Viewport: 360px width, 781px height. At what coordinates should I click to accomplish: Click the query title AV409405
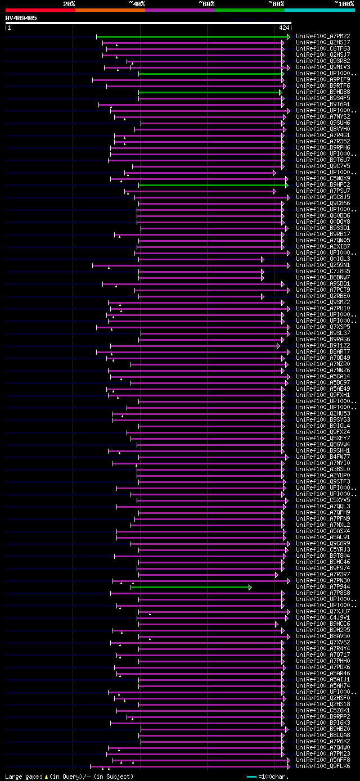click(x=21, y=18)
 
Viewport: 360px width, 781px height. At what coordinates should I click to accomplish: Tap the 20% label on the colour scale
click(x=69, y=4)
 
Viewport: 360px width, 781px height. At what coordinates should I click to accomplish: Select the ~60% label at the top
click(x=206, y=4)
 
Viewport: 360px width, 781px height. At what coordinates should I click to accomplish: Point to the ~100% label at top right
click(x=344, y=4)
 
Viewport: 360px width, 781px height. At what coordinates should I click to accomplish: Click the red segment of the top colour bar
click(x=40, y=10)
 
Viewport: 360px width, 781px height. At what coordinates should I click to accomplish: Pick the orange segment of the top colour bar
click(x=110, y=10)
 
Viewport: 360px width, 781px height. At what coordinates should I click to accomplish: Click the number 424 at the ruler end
click(x=283, y=27)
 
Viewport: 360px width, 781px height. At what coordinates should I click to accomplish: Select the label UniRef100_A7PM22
click(x=324, y=36)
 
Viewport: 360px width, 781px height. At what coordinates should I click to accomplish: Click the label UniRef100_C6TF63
click(x=324, y=48)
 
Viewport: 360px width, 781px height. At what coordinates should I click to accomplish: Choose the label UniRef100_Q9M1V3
click(x=324, y=67)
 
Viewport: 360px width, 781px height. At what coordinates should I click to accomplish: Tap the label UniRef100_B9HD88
click(x=324, y=92)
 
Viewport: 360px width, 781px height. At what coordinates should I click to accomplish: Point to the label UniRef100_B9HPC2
click(x=324, y=184)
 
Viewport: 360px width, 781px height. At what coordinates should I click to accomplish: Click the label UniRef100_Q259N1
click(x=324, y=265)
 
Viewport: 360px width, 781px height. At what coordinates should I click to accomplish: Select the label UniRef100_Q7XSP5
click(x=324, y=327)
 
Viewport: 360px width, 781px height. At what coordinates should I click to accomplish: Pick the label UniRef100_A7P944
click(x=324, y=586)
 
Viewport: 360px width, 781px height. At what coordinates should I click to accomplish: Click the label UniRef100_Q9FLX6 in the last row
click(x=324, y=766)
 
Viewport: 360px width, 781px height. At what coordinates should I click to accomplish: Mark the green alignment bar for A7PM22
click(x=191, y=37)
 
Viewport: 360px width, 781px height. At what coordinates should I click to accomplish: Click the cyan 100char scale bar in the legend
click(x=251, y=777)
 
